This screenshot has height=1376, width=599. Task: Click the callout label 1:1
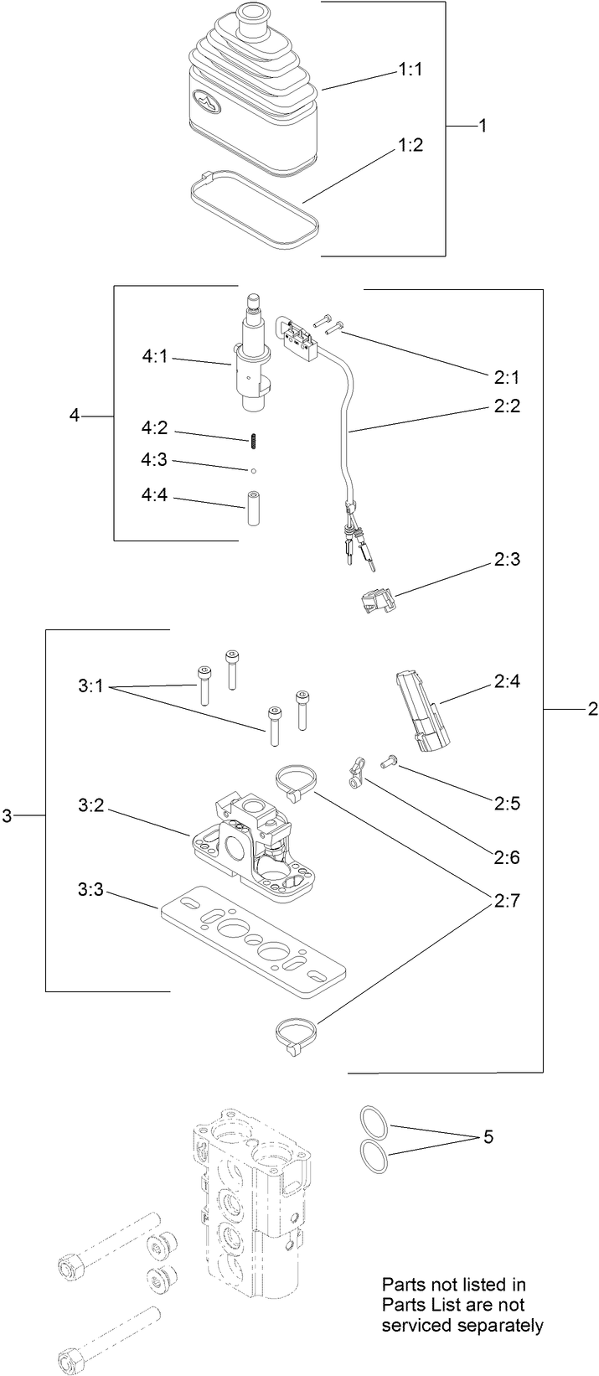pos(411,71)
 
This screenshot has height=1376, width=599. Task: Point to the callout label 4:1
pos(154,357)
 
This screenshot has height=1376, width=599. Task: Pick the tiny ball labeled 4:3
pos(251,469)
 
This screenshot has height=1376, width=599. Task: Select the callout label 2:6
pos(506,857)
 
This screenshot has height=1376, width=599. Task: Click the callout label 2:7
pos(506,903)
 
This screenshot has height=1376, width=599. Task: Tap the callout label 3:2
pos(91,805)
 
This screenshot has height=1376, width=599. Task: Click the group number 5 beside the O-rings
pos(488,1137)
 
